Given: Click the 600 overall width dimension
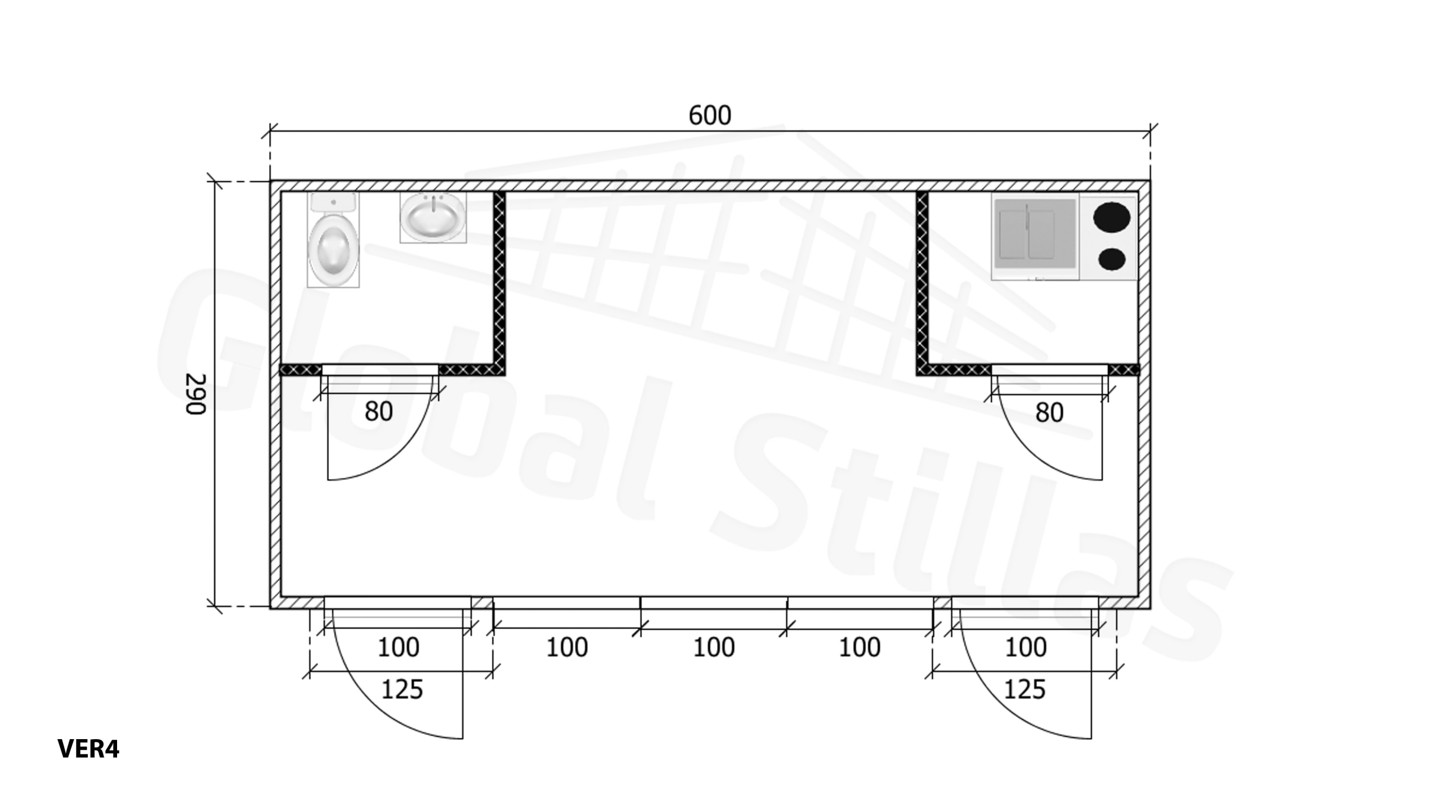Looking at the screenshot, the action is (710, 115).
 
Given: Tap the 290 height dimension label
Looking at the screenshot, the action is (196, 394).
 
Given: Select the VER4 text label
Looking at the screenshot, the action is (88, 749).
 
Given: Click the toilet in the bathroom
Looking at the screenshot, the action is (333, 240).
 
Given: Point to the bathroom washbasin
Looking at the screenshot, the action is (433, 218).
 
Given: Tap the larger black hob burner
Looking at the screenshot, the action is (1112, 217).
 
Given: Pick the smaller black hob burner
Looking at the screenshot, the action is (1112, 259).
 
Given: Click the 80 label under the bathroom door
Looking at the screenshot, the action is (379, 412).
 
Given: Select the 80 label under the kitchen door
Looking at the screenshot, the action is (1049, 413).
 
